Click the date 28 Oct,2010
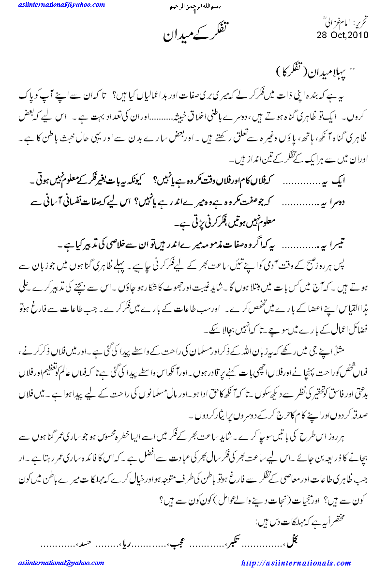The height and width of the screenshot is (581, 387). point(342,35)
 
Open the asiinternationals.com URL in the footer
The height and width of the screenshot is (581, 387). point(296,563)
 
